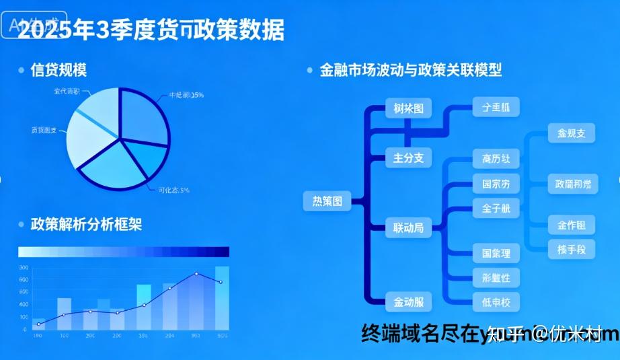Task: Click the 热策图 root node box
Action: click(327, 201)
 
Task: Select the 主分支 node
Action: click(408, 158)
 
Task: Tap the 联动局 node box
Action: click(408, 229)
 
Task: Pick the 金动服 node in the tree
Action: click(408, 302)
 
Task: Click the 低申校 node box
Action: click(496, 302)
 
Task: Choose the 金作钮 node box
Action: click(572, 225)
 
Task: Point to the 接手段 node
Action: click(572, 250)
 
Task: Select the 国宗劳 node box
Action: click(496, 184)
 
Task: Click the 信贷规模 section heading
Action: click(59, 69)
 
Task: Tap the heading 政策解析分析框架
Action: click(86, 224)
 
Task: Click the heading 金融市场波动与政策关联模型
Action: click(411, 70)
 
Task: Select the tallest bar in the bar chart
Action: click(222, 298)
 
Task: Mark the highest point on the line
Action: click(196, 273)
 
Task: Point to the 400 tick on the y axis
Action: click(24, 292)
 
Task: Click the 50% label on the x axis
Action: click(223, 335)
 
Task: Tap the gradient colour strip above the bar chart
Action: click(124, 252)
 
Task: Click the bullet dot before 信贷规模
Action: click(21, 70)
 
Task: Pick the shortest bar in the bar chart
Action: click(38, 324)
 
